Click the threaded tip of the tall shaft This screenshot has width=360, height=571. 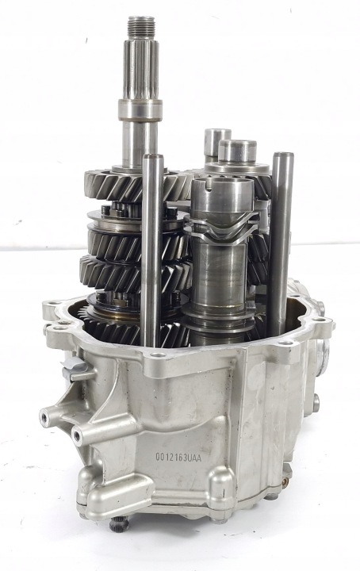142,27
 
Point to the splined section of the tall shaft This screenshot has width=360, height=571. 141,69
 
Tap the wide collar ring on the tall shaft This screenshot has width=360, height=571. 140,110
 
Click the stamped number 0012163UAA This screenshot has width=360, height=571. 178,458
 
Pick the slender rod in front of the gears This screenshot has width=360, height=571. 152,251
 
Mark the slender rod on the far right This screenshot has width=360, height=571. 280,244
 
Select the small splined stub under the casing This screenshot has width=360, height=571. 120,523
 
